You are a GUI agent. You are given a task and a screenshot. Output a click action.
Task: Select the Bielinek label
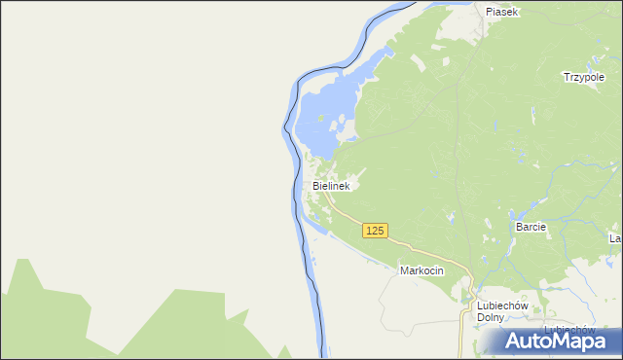point(331,185)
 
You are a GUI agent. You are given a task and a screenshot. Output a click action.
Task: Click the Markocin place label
point(421,271)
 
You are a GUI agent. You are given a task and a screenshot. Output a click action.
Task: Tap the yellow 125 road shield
point(376,231)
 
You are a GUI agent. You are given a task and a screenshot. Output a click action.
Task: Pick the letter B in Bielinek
point(316,185)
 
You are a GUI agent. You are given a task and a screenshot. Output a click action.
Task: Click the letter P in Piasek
point(490,12)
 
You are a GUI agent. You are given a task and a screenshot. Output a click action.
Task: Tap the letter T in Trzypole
point(567,77)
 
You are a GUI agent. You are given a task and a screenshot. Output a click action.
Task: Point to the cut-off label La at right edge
point(615,238)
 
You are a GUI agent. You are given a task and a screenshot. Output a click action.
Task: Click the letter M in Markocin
point(404,271)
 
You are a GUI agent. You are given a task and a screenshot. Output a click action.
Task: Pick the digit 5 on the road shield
point(383,231)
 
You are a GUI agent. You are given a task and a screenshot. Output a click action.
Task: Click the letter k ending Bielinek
point(347,185)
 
